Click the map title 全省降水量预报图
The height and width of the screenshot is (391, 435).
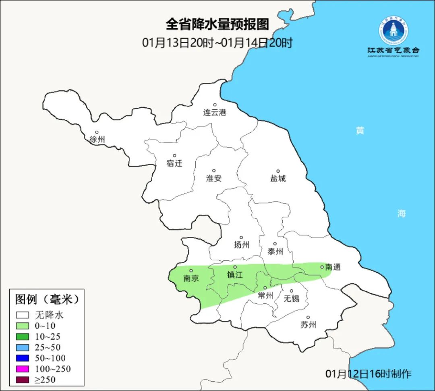click(x=217, y=25)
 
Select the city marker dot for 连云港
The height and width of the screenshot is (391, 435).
click(x=215, y=105)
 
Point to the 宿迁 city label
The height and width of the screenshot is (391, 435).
click(x=174, y=163)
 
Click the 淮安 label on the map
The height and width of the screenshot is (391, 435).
click(x=214, y=178)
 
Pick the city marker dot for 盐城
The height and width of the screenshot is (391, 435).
click(x=278, y=171)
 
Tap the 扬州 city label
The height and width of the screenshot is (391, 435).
click(x=241, y=245)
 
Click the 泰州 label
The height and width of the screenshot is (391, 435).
click(x=275, y=251)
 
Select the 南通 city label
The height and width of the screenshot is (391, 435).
click(x=333, y=267)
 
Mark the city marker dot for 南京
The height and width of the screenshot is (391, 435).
click(x=191, y=271)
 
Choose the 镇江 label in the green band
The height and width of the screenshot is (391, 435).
click(x=235, y=274)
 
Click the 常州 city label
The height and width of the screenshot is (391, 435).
click(x=265, y=295)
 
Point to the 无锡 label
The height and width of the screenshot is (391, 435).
click(x=291, y=298)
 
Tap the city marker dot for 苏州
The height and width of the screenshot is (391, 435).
click(x=308, y=318)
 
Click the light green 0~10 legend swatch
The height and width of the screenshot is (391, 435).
click(x=23, y=326)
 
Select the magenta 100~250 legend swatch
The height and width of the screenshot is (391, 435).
click(x=23, y=369)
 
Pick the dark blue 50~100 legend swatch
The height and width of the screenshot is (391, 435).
click(x=23, y=358)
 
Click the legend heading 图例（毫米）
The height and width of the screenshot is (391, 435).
click(x=47, y=300)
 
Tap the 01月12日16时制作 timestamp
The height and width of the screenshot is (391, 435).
click(x=369, y=374)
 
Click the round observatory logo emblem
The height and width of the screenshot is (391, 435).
click(x=393, y=31)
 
